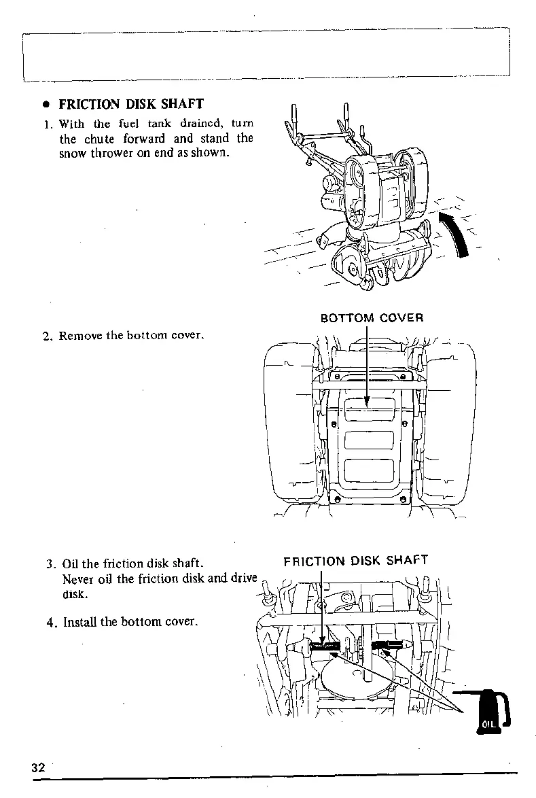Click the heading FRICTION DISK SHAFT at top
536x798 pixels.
pyautogui.click(x=131, y=104)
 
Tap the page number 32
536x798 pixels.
pyautogui.click(x=37, y=767)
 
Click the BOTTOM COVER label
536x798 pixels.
pyautogui.click(x=372, y=317)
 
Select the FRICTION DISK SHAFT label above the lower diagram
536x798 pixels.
pyautogui.click(x=355, y=561)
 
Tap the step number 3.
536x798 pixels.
pyautogui.click(x=50, y=564)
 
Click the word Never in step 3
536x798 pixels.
pyautogui.click(x=77, y=579)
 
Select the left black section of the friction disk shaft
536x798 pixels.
pyautogui.click(x=325, y=646)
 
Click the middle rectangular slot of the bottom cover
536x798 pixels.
pyautogui.click(x=369, y=439)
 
